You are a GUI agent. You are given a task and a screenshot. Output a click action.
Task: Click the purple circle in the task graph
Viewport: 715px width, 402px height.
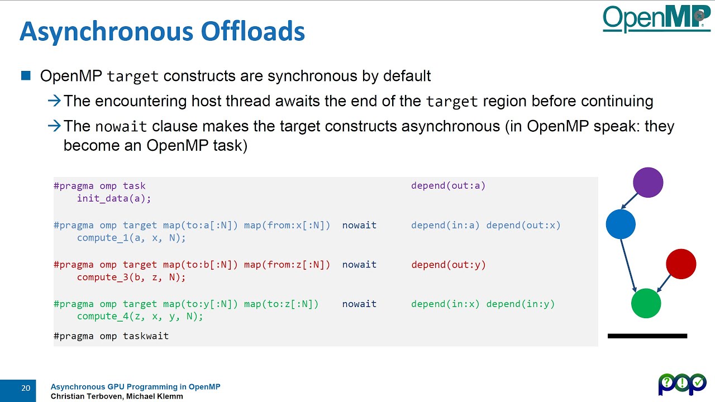tap(648, 183)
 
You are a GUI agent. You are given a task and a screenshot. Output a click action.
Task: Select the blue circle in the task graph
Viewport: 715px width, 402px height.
tap(621, 224)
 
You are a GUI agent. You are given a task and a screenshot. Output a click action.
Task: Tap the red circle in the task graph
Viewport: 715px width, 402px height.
tap(681, 264)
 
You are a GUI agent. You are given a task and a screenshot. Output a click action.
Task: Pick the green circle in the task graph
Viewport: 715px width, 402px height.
tap(646, 303)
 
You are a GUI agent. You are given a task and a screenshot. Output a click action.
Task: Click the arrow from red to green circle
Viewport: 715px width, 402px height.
tap(664, 283)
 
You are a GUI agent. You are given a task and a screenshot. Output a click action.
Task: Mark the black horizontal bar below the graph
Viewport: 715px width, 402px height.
tap(647, 336)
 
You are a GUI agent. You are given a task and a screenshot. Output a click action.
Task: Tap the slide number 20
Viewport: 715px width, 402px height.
tap(26, 388)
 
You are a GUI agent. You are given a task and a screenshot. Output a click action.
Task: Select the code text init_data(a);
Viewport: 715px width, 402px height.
tap(114, 198)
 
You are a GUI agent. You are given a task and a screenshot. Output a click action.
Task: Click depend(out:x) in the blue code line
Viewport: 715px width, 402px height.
tap(523, 225)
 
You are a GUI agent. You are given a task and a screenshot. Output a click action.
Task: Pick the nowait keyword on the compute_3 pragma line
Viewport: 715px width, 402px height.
tap(359, 265)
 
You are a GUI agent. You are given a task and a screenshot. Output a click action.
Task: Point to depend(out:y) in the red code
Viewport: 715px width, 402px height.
tap(449, 265)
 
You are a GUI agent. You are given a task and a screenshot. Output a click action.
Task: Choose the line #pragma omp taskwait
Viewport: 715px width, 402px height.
tap(111, 336)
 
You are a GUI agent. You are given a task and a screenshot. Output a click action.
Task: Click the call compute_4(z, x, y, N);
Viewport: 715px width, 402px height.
tap(140, 316)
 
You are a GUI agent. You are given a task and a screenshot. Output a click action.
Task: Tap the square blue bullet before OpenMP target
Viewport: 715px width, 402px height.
tap(26, 75)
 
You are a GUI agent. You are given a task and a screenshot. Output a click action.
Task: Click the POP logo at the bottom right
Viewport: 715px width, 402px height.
tap(682, 384)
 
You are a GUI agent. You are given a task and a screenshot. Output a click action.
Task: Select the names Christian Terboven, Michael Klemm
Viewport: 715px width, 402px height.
tap(117, 396)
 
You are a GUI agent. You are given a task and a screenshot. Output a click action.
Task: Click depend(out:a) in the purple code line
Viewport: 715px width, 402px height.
tap(449, 185)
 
